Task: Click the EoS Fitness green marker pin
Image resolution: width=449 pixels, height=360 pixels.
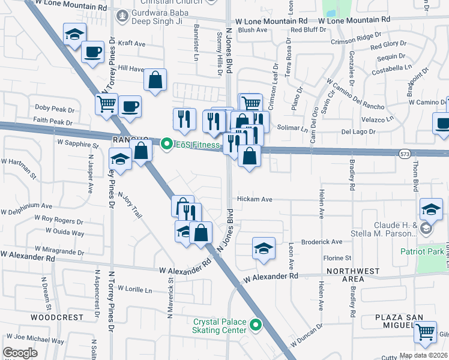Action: pos(167,143)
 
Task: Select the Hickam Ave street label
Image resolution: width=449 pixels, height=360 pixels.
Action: pos(255,199)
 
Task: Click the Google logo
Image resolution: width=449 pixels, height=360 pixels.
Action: pos(20,353)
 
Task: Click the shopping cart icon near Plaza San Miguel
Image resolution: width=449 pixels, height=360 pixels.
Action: pos(426,331)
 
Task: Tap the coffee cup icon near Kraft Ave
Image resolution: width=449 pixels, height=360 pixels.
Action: pos(93,52)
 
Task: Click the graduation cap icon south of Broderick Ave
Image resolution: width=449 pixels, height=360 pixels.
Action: pos(263,248)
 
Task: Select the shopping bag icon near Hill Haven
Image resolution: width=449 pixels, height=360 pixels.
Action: pos(155,79)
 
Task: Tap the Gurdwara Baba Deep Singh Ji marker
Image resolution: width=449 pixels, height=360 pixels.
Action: pos(123,16)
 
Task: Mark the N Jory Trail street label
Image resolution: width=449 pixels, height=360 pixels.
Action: pos(130,204)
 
